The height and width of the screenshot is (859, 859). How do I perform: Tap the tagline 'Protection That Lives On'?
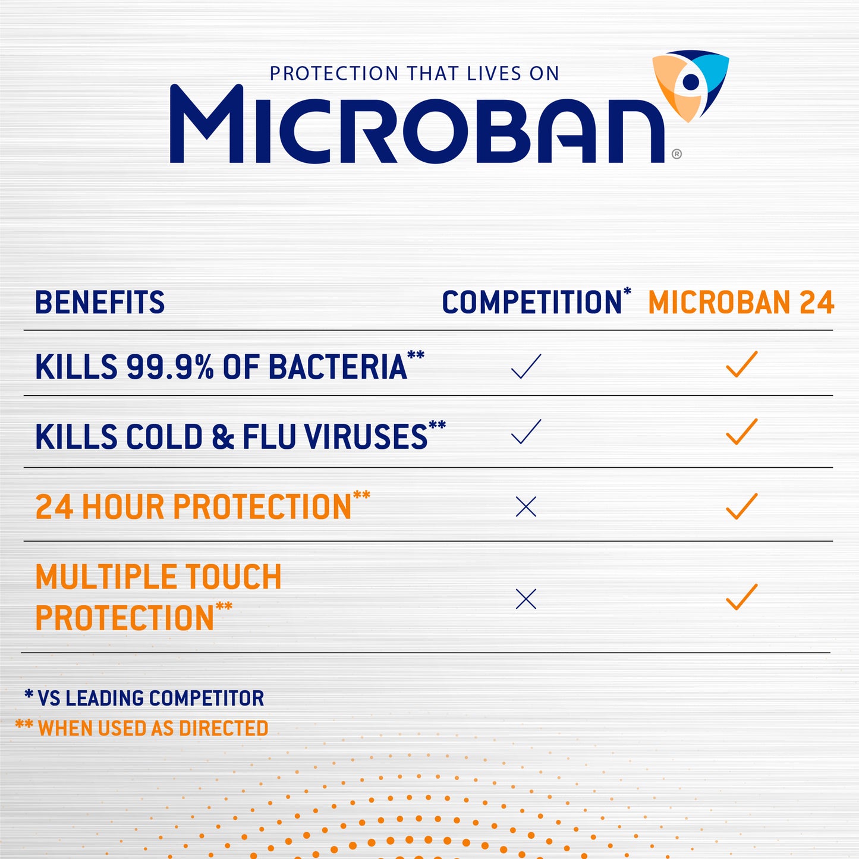pyautogui.click(x=414, y=74)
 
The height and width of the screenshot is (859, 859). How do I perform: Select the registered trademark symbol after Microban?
pyautogui.click(x=676, y=154)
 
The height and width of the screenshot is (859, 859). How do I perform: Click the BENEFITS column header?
pyautogui.click(x=99, y=303)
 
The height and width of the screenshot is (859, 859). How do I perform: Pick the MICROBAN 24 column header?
pyautogui.click(x=741, y=303)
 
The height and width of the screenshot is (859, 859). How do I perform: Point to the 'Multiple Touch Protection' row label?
pyautogui.click(x=158, y=597)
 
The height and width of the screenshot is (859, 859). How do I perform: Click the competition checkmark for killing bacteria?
pyautogui.click(x=526, y=366)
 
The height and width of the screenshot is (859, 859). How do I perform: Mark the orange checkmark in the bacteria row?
pyautogui.click(x=741, y=364)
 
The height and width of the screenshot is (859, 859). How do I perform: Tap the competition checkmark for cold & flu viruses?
pyautogui.click(x=526, y=432)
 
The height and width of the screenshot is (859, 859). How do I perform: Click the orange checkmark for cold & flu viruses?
pyautogui.click(x=741, y=432)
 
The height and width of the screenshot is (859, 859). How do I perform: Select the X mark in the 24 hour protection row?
pyautogui.click(x=526, y=507)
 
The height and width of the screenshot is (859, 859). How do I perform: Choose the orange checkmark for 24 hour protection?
pyautogui.click(x=741, y=506)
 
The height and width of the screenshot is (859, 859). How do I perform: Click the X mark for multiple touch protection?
pyautogui.click(x=526, y=599)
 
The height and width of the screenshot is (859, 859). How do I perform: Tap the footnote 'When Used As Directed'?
pyautogui.click(x=143, y=728)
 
